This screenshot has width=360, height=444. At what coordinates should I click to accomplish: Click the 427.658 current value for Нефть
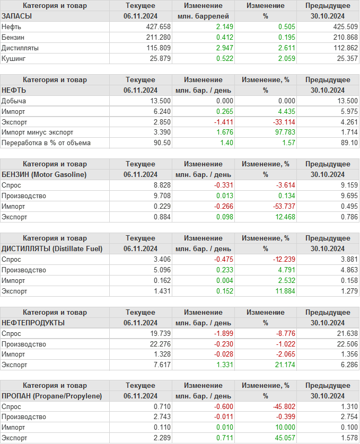coord(158,26)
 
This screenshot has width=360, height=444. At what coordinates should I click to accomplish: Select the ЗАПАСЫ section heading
coord(17,16)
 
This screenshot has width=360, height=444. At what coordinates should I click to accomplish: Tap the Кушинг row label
coord(14,58)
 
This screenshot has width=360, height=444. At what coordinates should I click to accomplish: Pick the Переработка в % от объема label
coord(46,143)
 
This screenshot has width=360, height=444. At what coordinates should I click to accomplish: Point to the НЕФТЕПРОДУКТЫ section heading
coord(33,323)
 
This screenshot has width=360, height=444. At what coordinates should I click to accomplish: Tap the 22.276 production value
coord(158,344)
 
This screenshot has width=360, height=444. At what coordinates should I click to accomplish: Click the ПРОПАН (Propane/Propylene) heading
coord(52,396)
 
